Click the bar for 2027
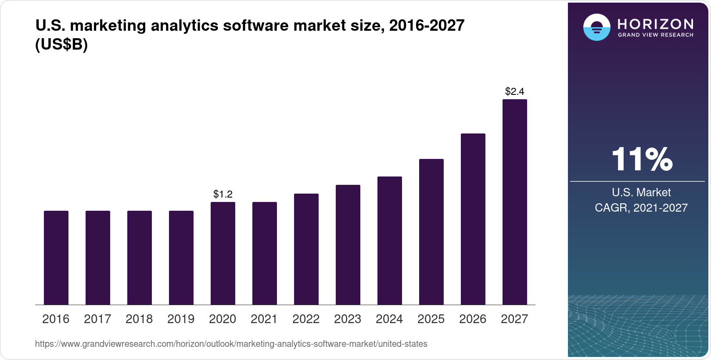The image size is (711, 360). pos(514,202)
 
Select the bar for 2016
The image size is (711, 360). pos(56,258)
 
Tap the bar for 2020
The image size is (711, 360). pos(223,253)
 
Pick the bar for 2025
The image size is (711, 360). pos(431,232)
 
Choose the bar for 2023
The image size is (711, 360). pos(348,245)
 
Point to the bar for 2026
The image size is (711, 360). pos(473,219)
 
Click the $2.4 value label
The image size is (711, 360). pos(514,91)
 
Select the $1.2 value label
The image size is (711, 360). pos(223,194)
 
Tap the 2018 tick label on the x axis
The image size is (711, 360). pos(139,319)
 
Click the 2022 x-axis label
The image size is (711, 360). pos(306,319)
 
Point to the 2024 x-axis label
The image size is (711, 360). pos(389,319)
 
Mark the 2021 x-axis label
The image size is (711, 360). pos(264,319)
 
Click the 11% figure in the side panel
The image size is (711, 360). pos(641,159)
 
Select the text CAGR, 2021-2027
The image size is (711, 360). pos(641,208)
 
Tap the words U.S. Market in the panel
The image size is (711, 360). pos(641,192)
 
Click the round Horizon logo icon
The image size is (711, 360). pos(596,27)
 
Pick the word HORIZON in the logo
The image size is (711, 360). pos(655,24)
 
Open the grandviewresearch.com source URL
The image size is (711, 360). pos(231,344)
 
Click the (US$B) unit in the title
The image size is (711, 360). pos(61,45)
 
